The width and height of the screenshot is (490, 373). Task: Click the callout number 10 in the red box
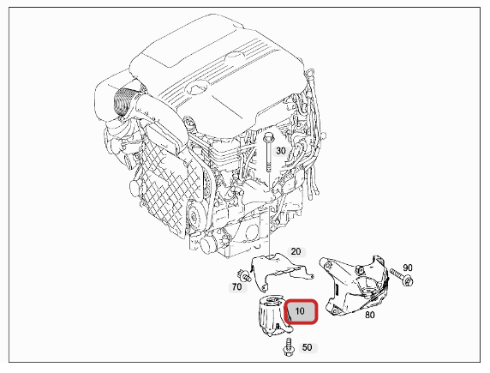pos(300,311)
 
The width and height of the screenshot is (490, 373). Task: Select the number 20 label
pos(296,252)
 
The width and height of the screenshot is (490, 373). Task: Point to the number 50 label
pos(307,349)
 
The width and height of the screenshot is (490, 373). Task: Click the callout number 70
pos(236,287)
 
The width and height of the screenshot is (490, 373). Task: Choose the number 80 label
pos(370,316)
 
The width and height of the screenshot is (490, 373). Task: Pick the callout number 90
pos(407,268)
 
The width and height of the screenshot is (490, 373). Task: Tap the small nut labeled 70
pos(246,276)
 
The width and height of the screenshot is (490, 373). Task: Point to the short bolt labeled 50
pos(285,346)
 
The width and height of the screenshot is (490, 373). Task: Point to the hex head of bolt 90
pos(408,280)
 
